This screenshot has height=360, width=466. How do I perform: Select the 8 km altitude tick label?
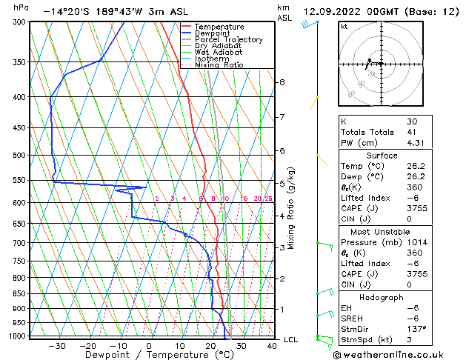pos(282,82)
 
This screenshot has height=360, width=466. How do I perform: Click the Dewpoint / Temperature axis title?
pos(149,355)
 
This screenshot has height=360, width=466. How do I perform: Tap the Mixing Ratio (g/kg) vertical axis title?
pos(292,207)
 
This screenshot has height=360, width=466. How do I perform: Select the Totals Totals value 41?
pos(412,132)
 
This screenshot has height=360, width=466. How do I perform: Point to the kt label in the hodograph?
pos(344,27)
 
